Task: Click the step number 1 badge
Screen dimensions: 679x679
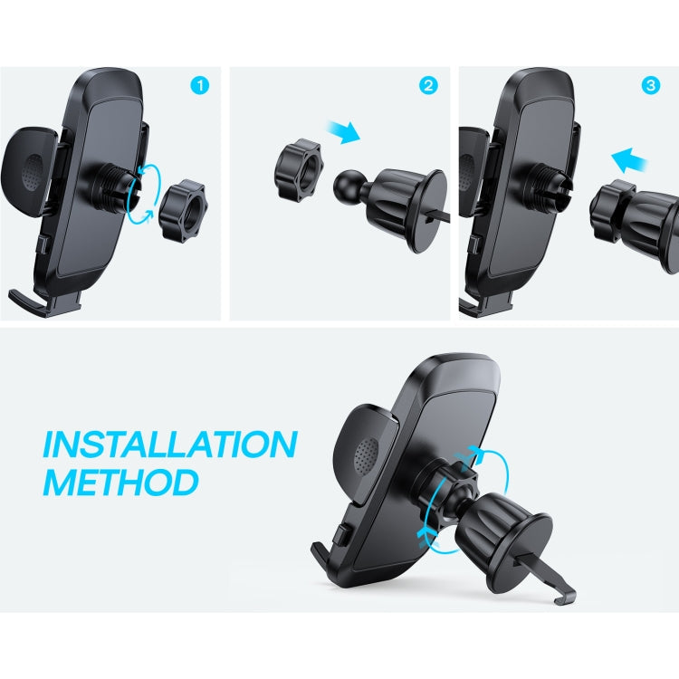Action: coord(200,86)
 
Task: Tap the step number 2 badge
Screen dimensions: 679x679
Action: coord(428,86)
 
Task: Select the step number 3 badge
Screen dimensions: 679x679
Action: coord(651,86)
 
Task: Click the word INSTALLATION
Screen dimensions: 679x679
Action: coord(170,445)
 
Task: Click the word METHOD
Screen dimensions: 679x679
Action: coord(120,482)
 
